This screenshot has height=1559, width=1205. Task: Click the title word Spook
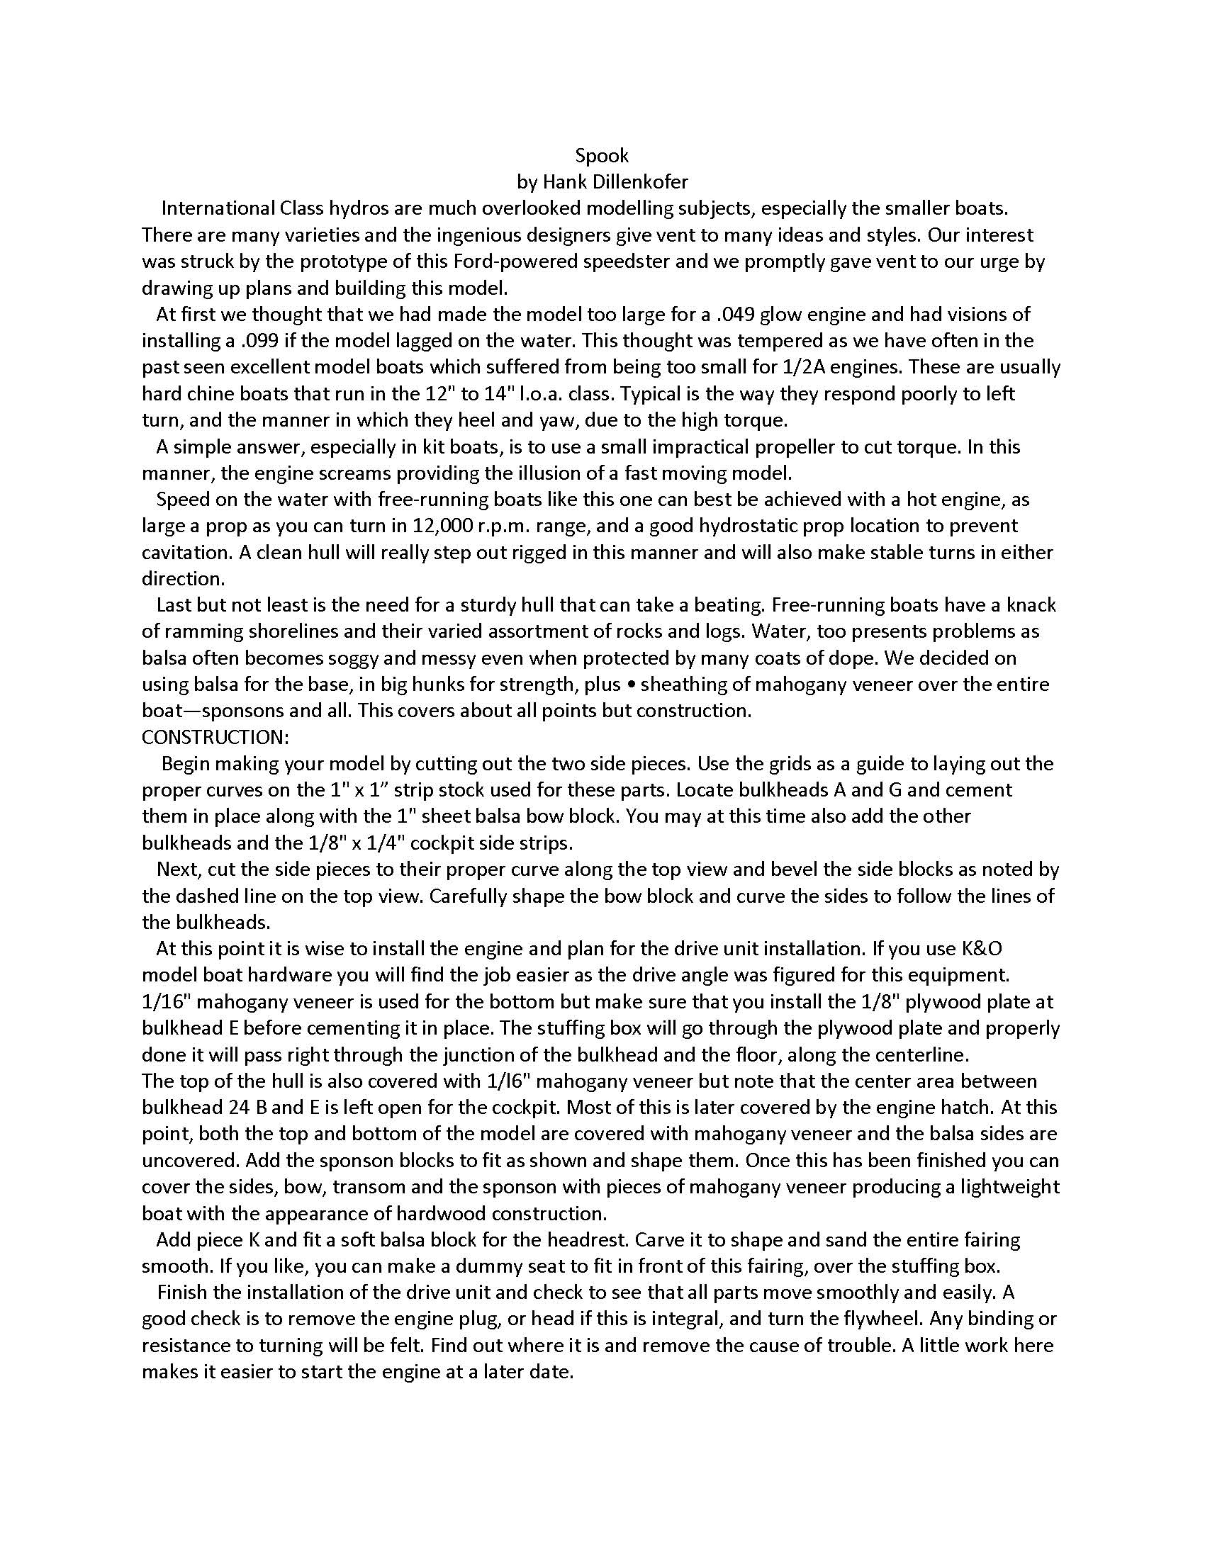tap(601, 156)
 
